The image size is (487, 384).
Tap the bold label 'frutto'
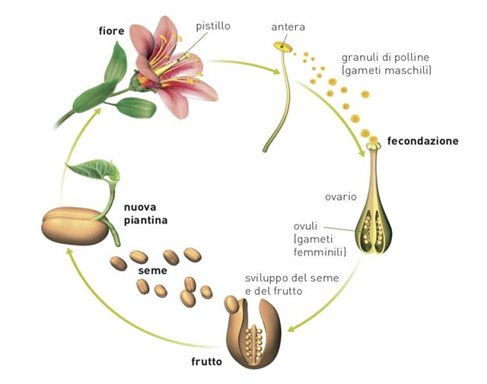[x=206, y=361]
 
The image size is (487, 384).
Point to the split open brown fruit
[x=256, y=333]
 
